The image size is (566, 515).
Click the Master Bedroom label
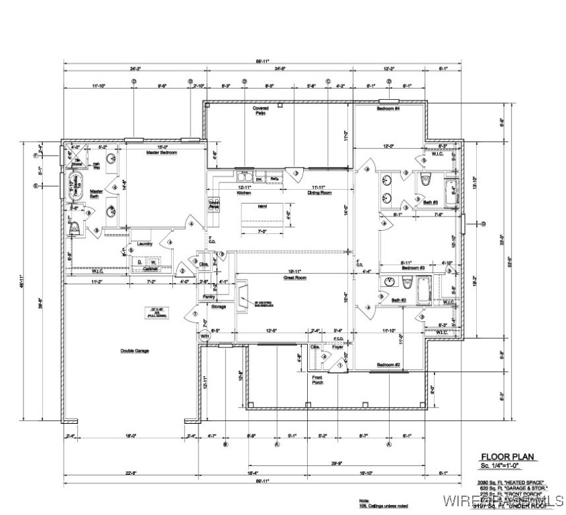click(x=161, y=153)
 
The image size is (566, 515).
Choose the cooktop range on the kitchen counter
click(x=215, y=205)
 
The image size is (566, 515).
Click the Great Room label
click(x=295, y=276)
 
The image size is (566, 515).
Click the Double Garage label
click(x=135, y=351)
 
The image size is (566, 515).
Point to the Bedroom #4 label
click(x=388, y=109)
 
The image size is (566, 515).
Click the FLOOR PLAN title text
click(x=508, y=457)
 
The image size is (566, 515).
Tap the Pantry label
click(x=207, y=296)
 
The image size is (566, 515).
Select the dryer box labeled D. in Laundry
click(x=139, y=262)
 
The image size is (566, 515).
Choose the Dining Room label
click(x=319, y=193)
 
